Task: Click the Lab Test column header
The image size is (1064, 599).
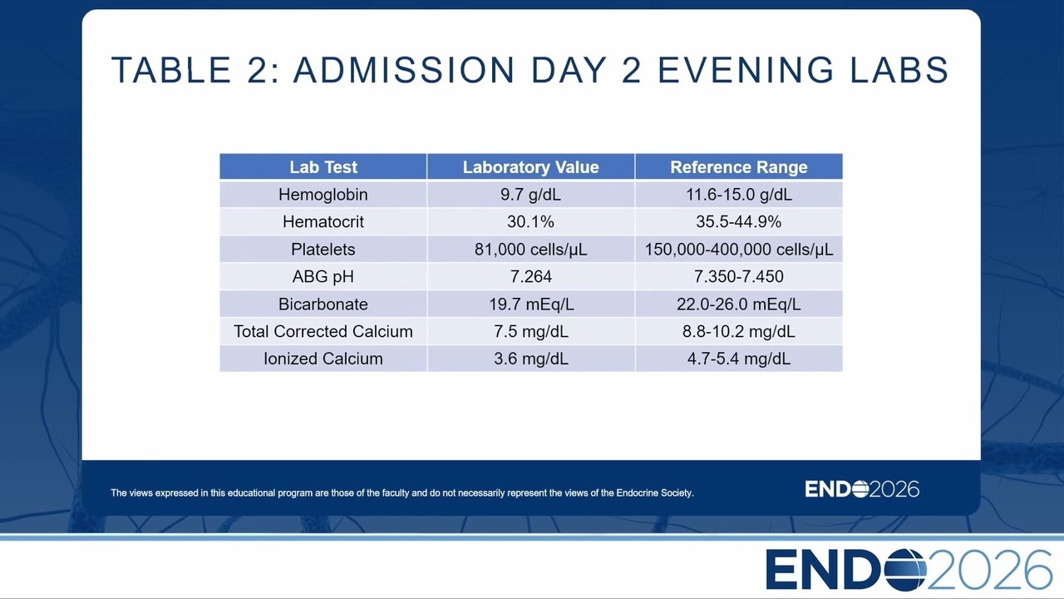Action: tap(323, 167)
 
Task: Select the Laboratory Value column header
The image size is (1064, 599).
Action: tap(530, 167)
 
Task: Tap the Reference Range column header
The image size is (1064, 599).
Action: tap(739, 167)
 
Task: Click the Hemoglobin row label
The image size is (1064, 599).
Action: tap(323, 195)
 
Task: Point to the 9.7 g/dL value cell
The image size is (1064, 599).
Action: tap(530, 195)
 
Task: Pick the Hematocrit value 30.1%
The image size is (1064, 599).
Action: tap(530, 221)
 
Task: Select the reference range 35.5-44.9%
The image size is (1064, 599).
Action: tap(739, 221)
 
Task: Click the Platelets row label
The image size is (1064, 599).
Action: tap(323, 249)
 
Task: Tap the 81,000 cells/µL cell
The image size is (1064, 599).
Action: tap(530, 249)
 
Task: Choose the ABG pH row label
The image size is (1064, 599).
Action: tap(323, 276)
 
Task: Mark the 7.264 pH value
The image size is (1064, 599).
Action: tap(530, 276)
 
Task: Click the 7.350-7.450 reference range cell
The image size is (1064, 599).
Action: tap(739, 276)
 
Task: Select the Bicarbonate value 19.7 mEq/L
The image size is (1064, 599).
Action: tap(531, 304)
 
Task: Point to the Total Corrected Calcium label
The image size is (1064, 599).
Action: tap(323, 331)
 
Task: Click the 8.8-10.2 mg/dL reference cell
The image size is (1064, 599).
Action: tap(739, 331)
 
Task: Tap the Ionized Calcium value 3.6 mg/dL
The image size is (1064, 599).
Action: tap(530, 359)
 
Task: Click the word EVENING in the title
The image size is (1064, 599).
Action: tap(746, 70)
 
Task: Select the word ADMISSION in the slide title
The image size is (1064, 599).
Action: tap(404, 70)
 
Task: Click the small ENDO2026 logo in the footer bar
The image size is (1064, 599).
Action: tap(862, 488)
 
